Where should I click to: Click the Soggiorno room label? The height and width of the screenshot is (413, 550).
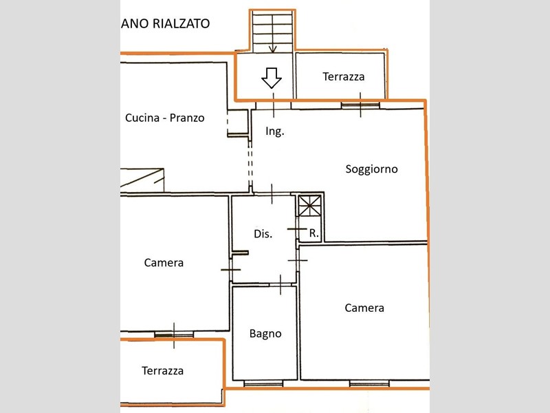click(x=371, y=169)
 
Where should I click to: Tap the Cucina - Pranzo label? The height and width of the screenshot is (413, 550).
click(x=164, y=118)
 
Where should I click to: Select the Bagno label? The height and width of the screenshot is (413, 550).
click(x=265, y=334)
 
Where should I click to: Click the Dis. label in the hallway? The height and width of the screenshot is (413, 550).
click(x=263, y=234)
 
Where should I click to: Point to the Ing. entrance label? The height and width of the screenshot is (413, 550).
click(x=274, y=131)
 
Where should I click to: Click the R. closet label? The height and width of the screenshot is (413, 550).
click(x=314, y=233)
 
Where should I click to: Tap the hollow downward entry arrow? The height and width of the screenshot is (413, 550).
click(x=272, y=78)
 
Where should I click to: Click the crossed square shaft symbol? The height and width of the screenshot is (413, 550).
click(x=310, y=206)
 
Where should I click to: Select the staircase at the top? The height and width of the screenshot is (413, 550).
click(x=272, y=32)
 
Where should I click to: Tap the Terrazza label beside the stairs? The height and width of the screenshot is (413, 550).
click(x=343, y=76)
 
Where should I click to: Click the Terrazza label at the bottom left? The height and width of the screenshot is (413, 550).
click(x=162, y=371)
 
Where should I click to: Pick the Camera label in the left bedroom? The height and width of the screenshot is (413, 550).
click(x=164, y=263)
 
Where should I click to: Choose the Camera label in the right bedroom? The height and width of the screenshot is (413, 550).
click(x=364, y=308)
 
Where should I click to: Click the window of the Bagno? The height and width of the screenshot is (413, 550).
click(x=263, y=383)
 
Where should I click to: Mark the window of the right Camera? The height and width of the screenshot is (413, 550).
click(x=369, y=383)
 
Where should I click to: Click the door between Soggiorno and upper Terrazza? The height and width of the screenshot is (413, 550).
click(x=360, y=105)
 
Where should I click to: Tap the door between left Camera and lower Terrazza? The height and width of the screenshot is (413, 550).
click(x=174, y=335)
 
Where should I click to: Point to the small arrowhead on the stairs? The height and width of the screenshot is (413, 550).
click(x=273, y=49)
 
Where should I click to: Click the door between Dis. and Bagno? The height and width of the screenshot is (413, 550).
click(x=280, y=285)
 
